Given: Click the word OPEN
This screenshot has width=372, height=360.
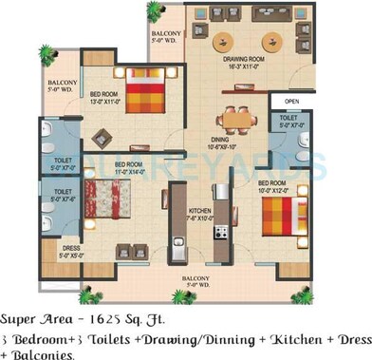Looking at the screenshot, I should [291, 101].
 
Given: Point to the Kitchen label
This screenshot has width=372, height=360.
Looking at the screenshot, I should [198, 210].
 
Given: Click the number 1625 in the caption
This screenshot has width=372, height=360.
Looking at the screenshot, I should [103, 318].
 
